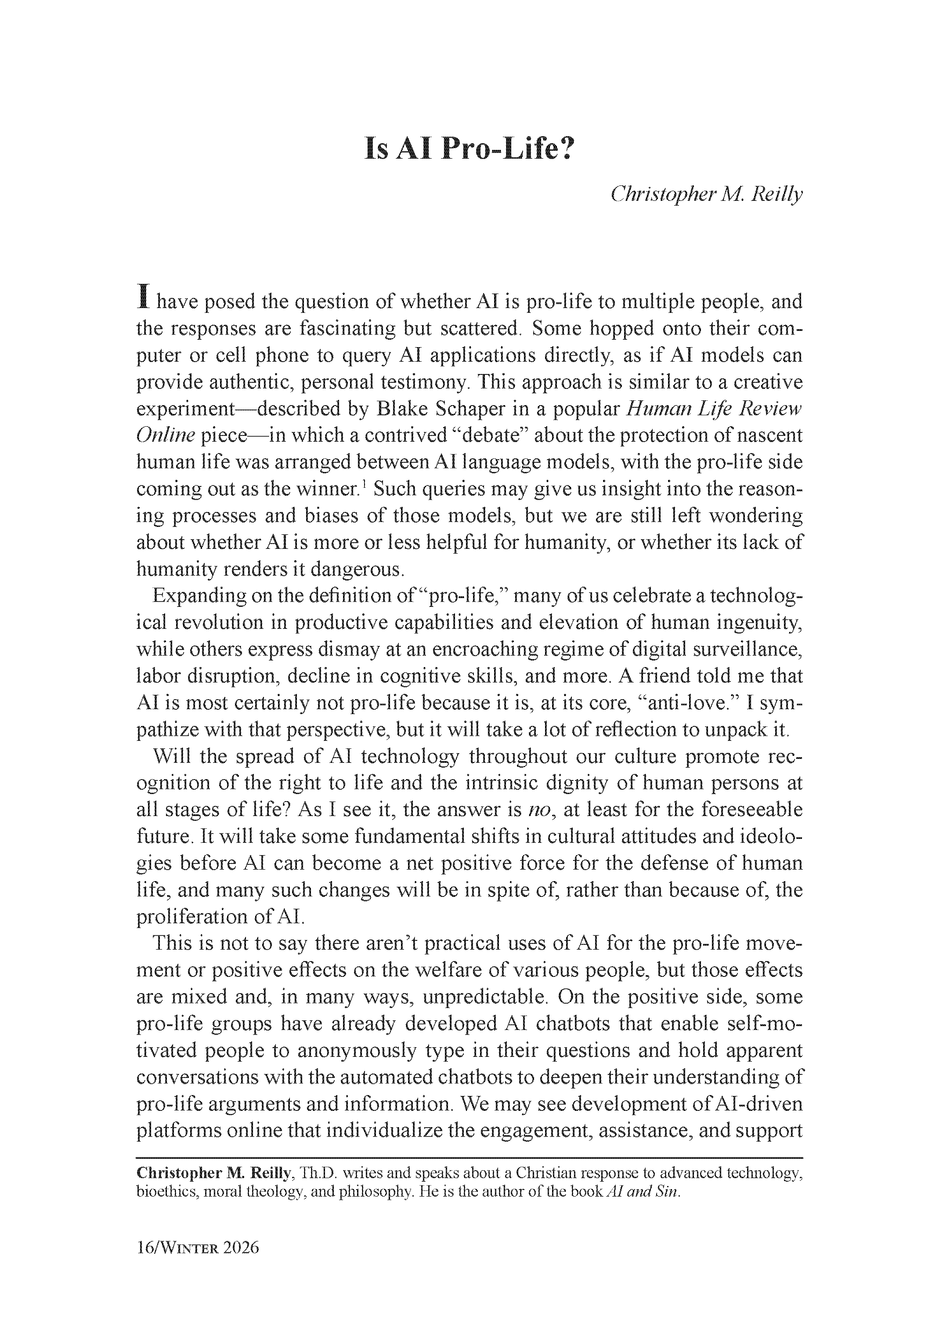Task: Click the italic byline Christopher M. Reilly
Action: [706, 194]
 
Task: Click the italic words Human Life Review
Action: [714, 409]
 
